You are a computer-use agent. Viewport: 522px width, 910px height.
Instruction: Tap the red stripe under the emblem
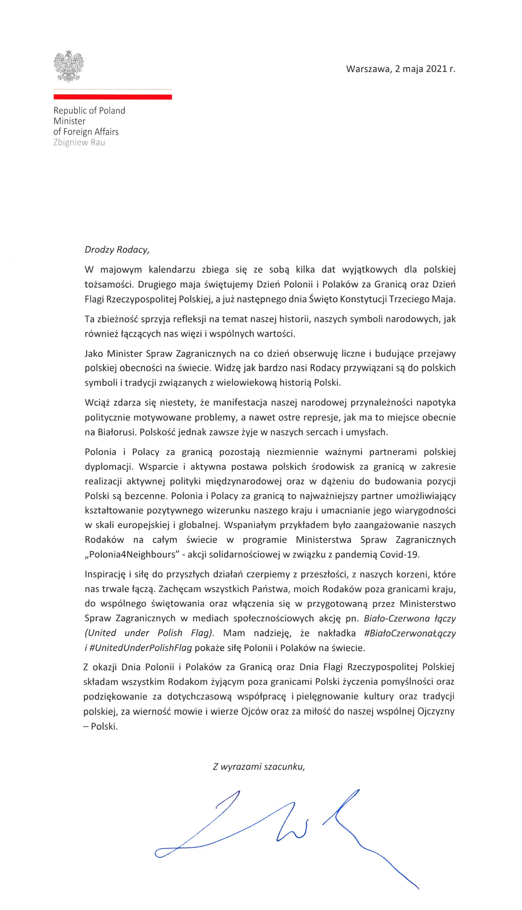pos(113,97)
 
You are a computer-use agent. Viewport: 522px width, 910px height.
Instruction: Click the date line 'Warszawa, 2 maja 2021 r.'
pos(400,69)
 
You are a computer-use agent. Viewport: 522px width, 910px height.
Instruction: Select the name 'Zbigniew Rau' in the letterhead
pos(79,142)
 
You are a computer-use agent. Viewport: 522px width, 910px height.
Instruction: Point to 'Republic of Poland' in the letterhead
pos(89,110)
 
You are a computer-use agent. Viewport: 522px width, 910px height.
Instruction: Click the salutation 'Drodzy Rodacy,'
pos(117,250)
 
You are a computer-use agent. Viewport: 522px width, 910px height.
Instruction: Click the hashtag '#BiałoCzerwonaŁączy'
pos(409,633)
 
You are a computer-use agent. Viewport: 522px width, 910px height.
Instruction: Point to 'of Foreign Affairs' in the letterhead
pos(86,132)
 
